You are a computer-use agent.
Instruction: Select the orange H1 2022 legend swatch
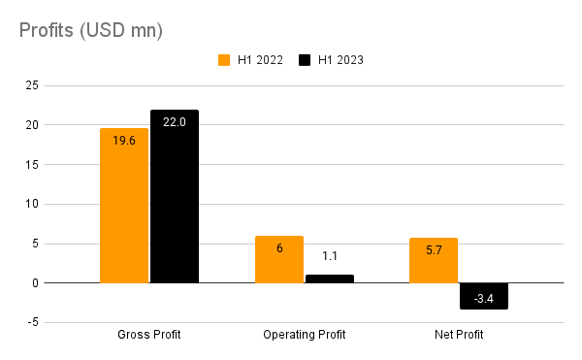[x=223, y=59]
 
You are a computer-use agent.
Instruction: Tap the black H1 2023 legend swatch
[x=305, y=59]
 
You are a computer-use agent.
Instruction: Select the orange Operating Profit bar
[x=279, y=259]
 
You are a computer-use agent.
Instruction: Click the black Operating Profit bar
[x=330, y=278]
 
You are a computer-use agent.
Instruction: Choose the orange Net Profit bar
[x=434, y=260]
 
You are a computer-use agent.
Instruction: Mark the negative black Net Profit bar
[x=484, y=296]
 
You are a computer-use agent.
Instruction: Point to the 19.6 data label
[x=124, y=141]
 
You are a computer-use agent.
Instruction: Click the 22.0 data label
[x=175, y=122]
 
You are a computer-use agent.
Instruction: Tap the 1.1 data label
[x=330, y=256]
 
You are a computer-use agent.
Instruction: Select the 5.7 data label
[x=434, y=250]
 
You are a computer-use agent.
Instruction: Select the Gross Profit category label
[x=149, y=336]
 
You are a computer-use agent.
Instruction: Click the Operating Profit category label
[x=304, y=336]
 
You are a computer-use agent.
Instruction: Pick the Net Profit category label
[x=459, y=336]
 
